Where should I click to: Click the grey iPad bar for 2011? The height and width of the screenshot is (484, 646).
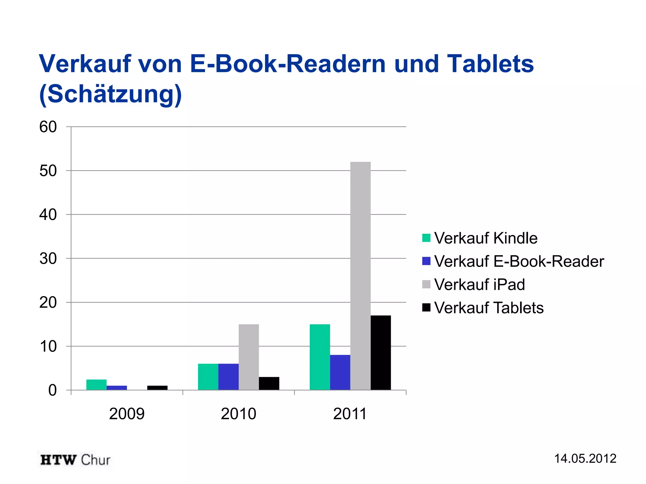360,276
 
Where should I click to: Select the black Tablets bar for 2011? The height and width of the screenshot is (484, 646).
380,353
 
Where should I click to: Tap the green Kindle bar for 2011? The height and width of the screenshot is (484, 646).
320,357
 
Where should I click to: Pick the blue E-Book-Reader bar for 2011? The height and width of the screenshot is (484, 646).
340,372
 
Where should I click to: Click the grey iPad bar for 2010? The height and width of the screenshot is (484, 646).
249,357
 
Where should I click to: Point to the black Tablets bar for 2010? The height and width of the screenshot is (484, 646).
269,383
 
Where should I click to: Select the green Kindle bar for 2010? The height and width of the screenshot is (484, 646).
208,377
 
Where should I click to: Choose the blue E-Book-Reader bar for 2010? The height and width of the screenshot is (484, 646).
228,377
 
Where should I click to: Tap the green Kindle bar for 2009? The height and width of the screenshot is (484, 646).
97,385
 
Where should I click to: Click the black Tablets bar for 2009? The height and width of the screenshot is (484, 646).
157,388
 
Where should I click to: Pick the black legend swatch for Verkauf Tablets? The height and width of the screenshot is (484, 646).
426,308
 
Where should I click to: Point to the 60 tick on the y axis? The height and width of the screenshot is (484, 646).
48,127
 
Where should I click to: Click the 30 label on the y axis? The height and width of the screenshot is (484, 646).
48,259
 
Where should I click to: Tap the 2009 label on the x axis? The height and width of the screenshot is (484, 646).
127,414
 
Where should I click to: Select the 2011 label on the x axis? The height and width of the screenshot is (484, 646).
350,414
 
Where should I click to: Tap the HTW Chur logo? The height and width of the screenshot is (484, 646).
75,460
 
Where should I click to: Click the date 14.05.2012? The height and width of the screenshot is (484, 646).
585,458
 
